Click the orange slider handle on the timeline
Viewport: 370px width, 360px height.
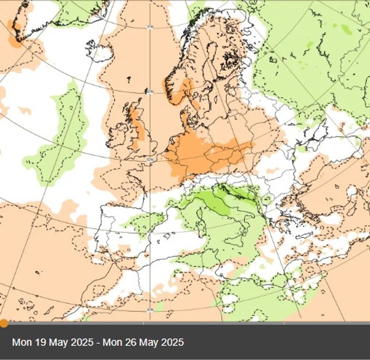tap(3, 323)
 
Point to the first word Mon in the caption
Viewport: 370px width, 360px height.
tap(21, 342)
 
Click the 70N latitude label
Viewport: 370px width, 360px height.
tap(150, 27)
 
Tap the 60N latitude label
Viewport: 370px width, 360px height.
tap(150, 91)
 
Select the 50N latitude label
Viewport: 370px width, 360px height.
tap(150, 160)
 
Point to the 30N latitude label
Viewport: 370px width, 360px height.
tap(150, 310)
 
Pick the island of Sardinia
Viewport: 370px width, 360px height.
tap(201, 227)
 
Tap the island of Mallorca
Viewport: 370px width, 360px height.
tap(167, 236)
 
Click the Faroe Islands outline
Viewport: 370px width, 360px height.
tap(129, 80)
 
